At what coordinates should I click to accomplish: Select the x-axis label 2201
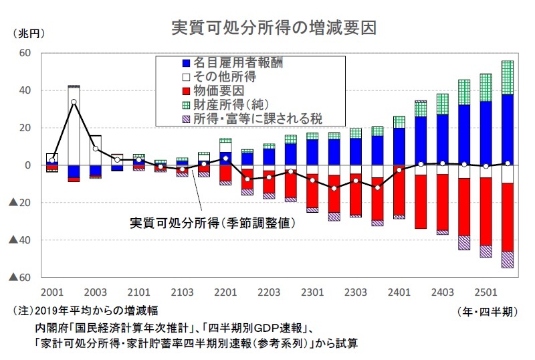(226, 293)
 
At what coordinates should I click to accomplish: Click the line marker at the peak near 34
(74, 102)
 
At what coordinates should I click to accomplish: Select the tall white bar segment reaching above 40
(74, 127)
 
